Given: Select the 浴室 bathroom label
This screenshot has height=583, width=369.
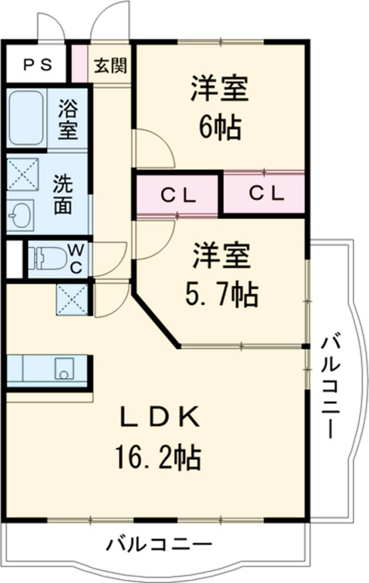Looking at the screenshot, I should [68, 119].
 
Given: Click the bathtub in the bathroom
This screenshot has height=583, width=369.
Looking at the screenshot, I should [26, 119].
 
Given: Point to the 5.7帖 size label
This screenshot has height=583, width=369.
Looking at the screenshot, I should [221, 296].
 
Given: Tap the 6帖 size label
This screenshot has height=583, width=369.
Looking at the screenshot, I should [219, 128].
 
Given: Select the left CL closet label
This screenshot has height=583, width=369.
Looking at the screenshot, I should [178, 196].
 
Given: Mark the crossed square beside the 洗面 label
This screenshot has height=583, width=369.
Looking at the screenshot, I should [23, 174].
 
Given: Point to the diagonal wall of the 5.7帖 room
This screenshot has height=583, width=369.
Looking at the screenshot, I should [157, 322].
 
